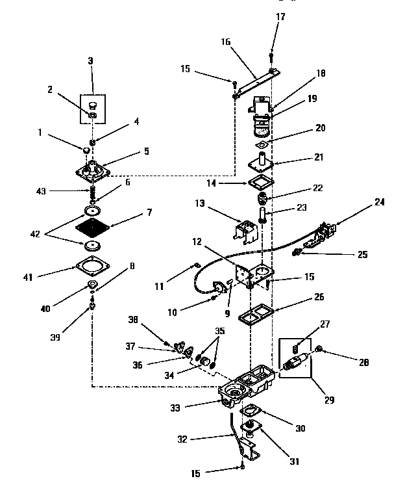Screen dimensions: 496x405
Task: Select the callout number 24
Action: pyautogui.click(x=379, y=202)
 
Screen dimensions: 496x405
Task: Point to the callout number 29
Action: pyautogui.click(x=331, y=400)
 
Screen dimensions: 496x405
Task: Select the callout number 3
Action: pyautogui.click(x=90, y=60)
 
